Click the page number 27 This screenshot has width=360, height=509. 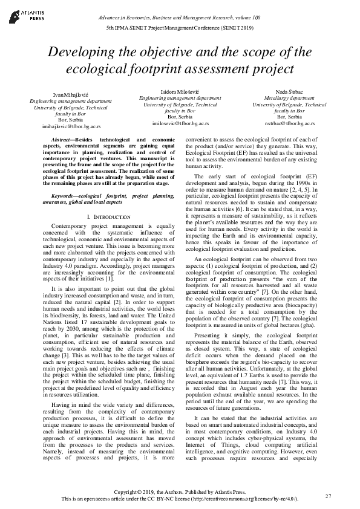329,496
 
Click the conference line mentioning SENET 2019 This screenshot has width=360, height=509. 180,28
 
